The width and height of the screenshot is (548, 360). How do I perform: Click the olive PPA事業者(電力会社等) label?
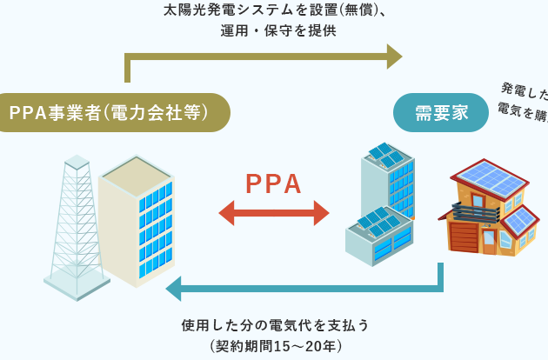pyautogui.click(x=109, y=113)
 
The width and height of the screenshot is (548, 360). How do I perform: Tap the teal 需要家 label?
pyautogui.click(x=441, y=113)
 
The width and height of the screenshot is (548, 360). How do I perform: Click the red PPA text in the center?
pyautogui.click(x=273, y=183)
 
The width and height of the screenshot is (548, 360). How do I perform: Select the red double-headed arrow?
pyautogui.click(x=273, y=213)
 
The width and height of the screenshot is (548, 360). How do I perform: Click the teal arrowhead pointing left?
pyautogui.click(x=174, y=287)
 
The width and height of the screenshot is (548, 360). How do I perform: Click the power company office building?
pyautogui.click(x=137, y=222)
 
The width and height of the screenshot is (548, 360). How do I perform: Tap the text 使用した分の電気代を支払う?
pyautogui.click(x=276, y=325)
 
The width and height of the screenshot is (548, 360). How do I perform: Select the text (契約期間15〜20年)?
pyautogui.click(x=276, y=346)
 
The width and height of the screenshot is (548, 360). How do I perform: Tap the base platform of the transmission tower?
pyautogui.click(x=77, y=285)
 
